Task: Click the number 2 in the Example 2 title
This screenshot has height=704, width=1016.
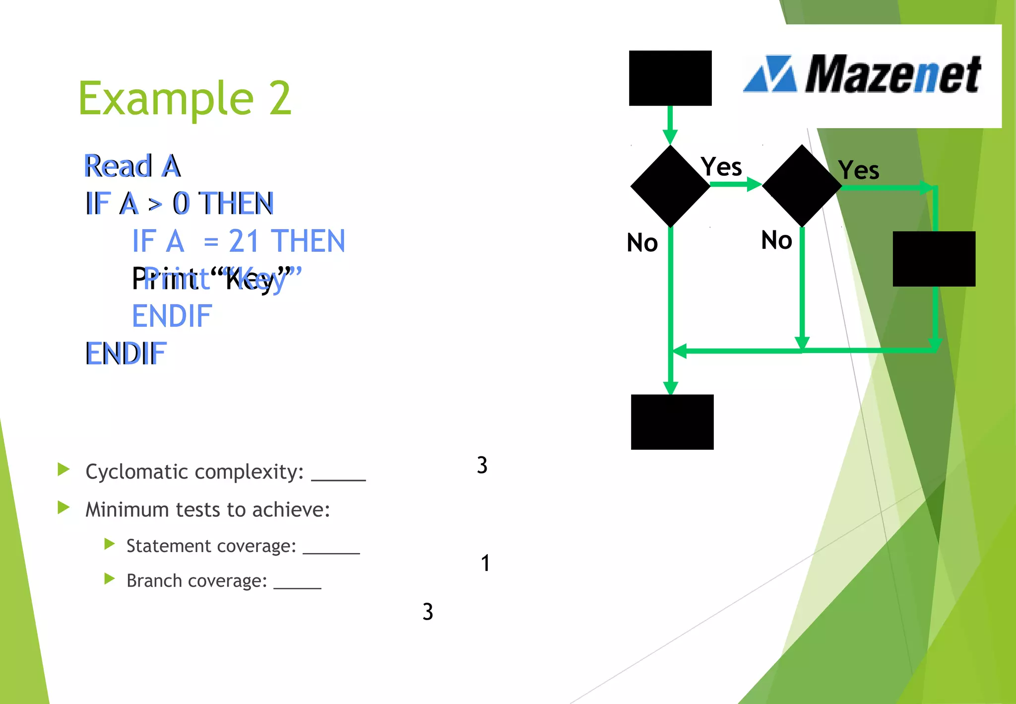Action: coord(280,98)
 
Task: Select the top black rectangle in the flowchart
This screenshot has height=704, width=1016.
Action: coord(670,78)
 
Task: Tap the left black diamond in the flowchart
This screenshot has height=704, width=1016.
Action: coord(670,186)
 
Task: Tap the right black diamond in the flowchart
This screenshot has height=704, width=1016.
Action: coord(802,186)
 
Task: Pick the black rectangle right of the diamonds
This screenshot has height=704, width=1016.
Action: coord(934,259)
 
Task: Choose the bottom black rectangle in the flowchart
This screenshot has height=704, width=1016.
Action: coord(672,422)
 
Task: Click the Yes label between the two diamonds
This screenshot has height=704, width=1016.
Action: coord(721,167)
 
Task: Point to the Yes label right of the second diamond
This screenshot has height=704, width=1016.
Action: coord(859,170)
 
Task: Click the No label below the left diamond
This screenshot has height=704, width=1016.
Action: coord(642,243)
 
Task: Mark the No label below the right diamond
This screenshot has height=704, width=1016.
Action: coord(777,240)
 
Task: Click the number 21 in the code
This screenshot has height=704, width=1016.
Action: coord(244,241)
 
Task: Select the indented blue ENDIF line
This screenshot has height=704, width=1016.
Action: coord(172,316)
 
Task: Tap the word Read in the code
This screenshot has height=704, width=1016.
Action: coord(118,166)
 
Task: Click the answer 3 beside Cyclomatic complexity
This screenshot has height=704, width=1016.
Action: coord(482,465)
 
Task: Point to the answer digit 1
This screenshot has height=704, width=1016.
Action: coord(485,563)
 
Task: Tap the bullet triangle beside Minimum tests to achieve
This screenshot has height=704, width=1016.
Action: coord(63,507)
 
